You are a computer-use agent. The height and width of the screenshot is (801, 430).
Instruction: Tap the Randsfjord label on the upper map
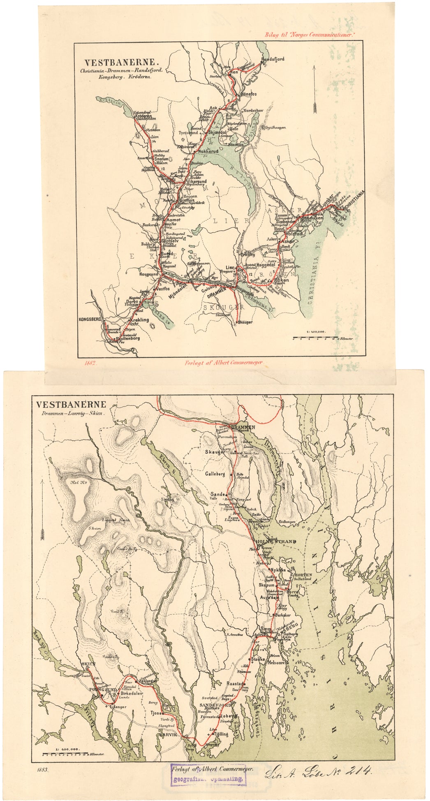273,59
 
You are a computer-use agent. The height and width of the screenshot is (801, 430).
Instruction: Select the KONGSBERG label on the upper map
90,319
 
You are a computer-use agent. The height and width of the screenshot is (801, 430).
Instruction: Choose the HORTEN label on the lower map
303,575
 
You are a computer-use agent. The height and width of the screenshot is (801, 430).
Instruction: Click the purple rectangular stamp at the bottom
208,775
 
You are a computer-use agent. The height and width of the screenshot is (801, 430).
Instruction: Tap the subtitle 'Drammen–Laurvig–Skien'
71,414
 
